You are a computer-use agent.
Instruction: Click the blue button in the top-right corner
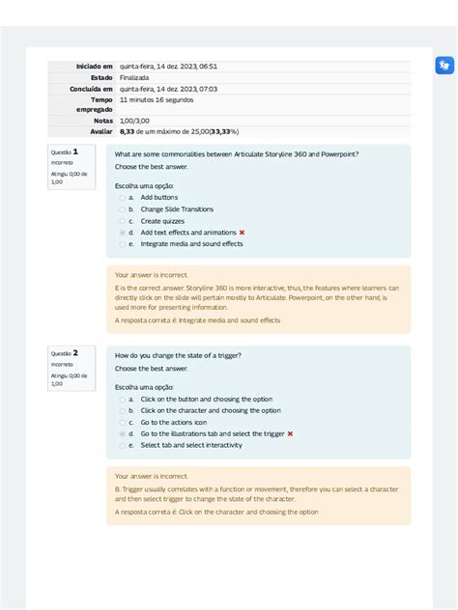(x=444, y=66)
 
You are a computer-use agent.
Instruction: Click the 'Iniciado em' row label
(x=95, y=66)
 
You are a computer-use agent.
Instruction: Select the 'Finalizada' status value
(x=134, y=77)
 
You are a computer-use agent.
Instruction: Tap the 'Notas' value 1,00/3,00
(x=135, y=121)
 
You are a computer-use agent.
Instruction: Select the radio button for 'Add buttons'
(x=122, y=198)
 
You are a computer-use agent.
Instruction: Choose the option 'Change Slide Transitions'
(x=177, y=209)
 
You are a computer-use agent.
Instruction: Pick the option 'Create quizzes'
(x=164, y=221)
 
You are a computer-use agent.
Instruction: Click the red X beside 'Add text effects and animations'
(x=242, y=233)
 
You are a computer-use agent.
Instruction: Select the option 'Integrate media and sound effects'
(x=191, y=244)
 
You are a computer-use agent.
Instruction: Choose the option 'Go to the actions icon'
(x=173, y=422)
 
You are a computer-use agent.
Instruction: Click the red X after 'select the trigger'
(x=290, y=433)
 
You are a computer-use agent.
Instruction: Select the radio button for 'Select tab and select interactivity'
(x=122, y=445)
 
